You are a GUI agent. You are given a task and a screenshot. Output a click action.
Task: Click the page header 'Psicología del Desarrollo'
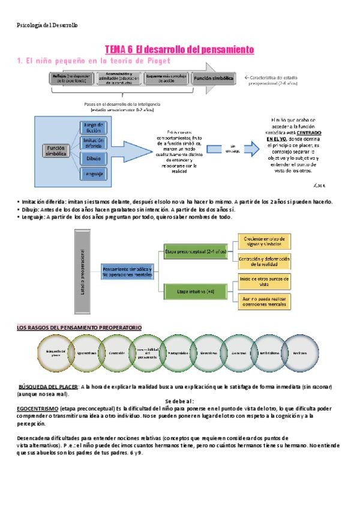47,25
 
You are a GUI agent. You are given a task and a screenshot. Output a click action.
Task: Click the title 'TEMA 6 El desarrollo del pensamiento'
179,49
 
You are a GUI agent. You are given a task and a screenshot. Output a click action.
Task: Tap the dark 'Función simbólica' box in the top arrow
213,79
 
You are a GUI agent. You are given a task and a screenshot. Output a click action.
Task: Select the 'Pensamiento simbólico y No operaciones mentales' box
127,272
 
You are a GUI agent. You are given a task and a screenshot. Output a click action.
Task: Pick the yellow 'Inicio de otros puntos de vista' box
264,282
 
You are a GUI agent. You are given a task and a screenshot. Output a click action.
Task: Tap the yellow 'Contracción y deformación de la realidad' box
264,261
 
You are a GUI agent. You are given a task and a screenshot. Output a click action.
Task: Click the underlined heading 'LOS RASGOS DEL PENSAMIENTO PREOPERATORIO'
79,328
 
